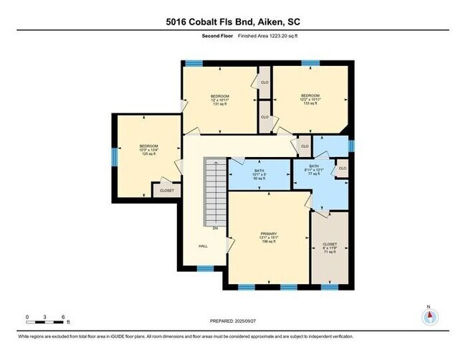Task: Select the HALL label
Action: click(x=204, y=246)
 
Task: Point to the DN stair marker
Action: click(x=215, y=229)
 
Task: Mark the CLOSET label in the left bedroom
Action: click(x=166, y=191)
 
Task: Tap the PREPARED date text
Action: click(x=232, y=321)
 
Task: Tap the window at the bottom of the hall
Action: click(x=205, y=269)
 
